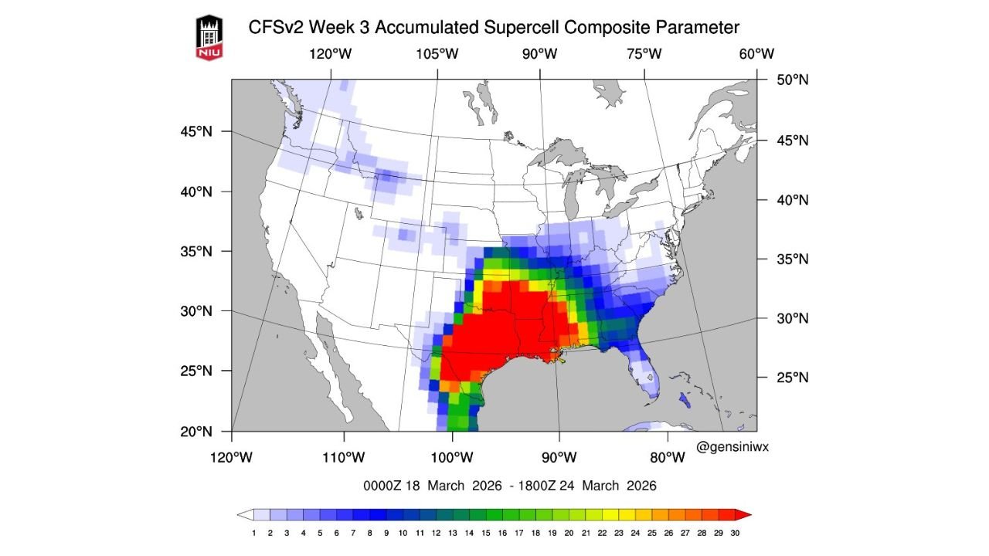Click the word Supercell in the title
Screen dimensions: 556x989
[517, 28]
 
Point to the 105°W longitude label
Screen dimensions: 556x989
[437, 54]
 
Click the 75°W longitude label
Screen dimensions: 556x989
[644, 54]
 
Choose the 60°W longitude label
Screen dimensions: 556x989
[756, 54]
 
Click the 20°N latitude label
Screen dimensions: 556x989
[196, 431]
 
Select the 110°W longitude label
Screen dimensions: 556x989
[343, 457]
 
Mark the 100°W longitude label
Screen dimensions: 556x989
[452, 457]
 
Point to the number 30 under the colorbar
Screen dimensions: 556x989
[735, 532]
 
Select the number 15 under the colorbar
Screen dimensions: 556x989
[486, 532]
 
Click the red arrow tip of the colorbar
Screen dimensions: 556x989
[744, 514]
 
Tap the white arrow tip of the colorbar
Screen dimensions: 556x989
[245, 514]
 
